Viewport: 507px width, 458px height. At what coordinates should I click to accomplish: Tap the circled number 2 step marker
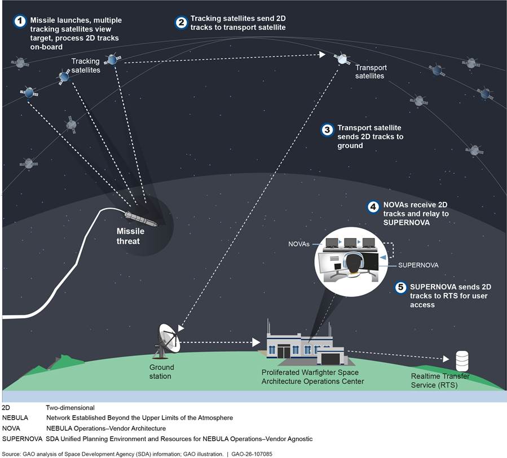182,23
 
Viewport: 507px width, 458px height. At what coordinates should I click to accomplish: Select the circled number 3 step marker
328,129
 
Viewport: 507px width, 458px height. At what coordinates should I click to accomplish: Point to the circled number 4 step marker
373,207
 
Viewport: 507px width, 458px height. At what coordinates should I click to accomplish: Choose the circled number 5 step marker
400,287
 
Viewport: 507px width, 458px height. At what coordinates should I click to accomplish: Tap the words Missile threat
130,236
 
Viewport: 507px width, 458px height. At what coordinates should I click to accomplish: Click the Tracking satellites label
85,65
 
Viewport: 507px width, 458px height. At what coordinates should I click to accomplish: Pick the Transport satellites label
370,72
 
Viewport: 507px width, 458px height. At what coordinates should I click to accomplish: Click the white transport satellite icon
341,58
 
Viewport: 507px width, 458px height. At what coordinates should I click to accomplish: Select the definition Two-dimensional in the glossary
70,407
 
